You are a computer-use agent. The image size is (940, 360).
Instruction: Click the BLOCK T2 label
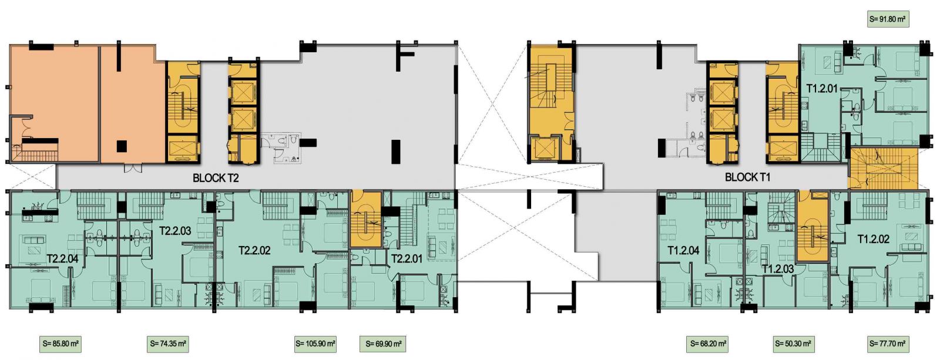(216, 178)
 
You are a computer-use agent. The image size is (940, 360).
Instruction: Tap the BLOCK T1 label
(747, 177)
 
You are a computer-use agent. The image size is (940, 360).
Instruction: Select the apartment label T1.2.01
(822, 89)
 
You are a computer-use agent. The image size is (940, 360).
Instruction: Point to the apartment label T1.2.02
(873, 239)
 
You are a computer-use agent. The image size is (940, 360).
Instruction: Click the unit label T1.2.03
(778, 269)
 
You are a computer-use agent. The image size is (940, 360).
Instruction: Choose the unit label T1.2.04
(684, 251)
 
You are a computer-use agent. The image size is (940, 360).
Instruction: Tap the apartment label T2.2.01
(407, 258)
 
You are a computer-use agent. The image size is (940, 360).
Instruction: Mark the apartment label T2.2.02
(254, 251)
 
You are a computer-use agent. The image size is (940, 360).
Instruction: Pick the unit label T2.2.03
(176, 230)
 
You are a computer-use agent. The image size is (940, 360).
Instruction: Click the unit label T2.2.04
(62, 258)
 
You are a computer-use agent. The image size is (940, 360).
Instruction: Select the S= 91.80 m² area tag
(888, 19)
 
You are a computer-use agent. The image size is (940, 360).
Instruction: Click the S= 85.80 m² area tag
(61, 344)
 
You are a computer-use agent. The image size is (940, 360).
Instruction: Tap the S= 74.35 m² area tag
(168, 344)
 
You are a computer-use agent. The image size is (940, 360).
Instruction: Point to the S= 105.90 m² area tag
(315, 344)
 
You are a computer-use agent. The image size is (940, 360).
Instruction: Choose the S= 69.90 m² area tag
(383, 344)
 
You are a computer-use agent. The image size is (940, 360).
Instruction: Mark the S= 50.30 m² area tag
(793, 344)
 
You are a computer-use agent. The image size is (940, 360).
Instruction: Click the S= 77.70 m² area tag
(887, 344)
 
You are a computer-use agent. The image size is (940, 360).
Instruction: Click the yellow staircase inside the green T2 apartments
(366, 218)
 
